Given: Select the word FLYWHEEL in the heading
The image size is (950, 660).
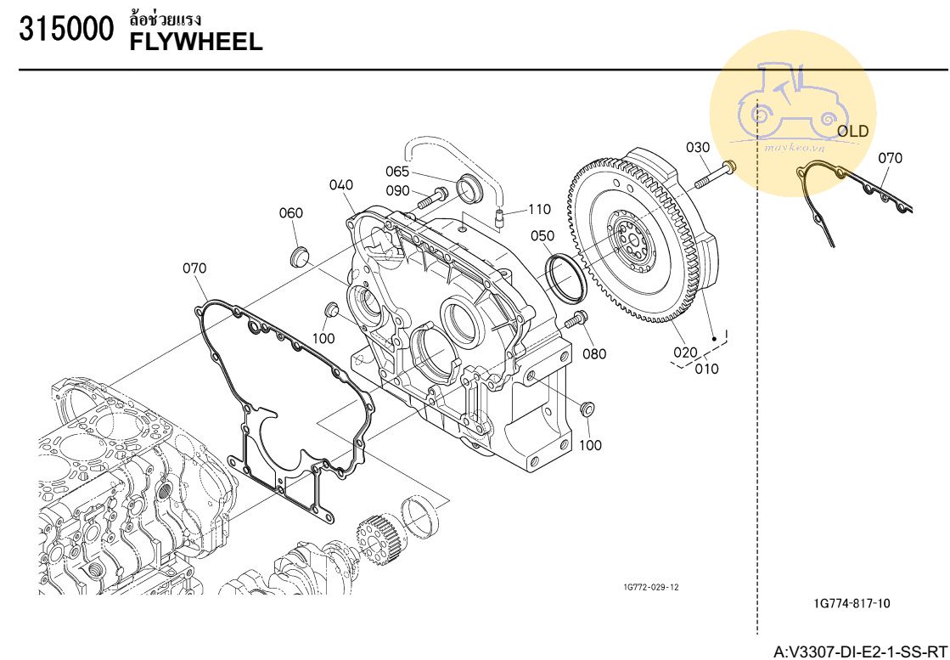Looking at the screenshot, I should point(195,40).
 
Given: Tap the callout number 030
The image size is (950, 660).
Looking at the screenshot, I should point(698,148).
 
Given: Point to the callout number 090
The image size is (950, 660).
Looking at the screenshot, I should point(398,191).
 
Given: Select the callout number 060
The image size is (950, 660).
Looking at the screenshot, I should point(291,213).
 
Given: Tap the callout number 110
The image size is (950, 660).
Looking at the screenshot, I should point(538,209).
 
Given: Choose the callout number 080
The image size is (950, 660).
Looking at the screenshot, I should point(594,353).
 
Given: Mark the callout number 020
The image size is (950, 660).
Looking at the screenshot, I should point(685,352).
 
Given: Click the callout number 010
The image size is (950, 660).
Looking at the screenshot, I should point(705,369).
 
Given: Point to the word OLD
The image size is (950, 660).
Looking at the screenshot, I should point(852,131).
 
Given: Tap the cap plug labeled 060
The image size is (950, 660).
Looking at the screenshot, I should point(299,256).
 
